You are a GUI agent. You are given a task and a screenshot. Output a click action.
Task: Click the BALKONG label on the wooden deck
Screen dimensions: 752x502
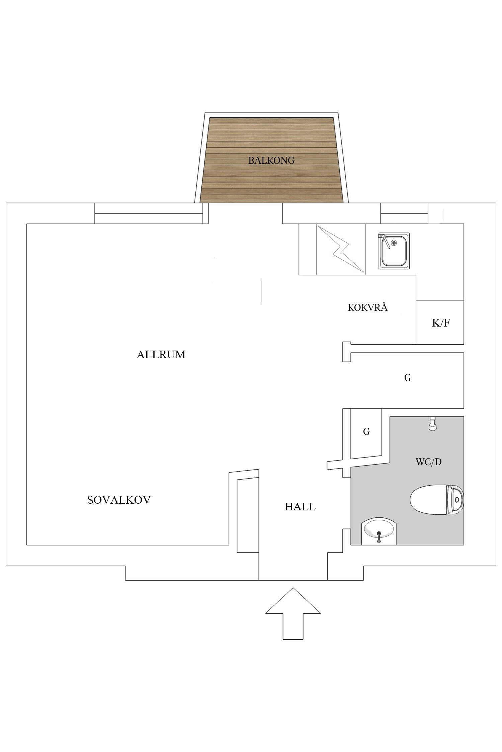click(x=271, y=160)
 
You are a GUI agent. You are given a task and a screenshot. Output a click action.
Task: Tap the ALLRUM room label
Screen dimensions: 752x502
click(x=161, y=355)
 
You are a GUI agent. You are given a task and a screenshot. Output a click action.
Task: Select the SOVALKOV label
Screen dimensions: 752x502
click(x=119, y=500)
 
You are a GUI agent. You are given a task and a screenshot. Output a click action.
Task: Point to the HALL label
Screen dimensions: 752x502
click(x=300, y=507)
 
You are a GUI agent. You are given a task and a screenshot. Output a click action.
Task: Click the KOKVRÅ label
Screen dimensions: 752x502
click(x=367, y=307)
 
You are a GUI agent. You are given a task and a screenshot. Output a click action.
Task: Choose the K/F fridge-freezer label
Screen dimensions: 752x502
click(x=441, y=323)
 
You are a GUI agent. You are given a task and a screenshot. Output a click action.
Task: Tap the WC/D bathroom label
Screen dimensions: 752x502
click(x=428, y=462)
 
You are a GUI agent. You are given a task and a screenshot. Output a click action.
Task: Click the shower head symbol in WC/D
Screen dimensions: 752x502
click(x=433, y=424)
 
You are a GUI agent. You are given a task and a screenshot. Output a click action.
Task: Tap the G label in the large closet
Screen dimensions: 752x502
click(x=407, y=378)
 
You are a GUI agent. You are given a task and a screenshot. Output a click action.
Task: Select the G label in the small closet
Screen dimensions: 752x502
click(x=366, y=432)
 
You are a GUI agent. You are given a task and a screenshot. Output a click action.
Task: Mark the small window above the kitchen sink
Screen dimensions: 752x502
click(x=404, y=213)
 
